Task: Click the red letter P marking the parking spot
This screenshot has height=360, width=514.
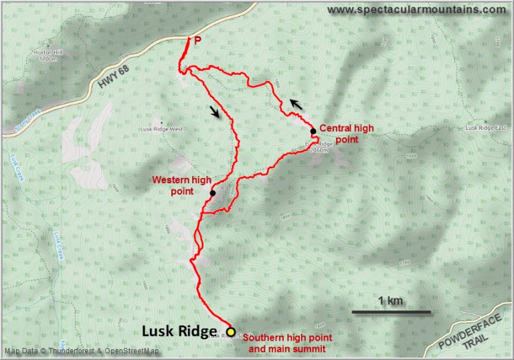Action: tap(197, 41)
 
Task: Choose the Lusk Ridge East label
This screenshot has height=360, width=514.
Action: tap(484, 128)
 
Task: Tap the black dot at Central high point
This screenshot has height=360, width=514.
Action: tap(313, 131)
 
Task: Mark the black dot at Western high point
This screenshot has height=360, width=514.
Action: tap(212, 193)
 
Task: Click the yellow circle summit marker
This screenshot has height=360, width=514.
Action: tap(230, 332)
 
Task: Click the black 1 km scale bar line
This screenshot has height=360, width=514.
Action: tap(391, 312)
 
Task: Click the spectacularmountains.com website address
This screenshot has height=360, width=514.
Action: tap(417, 9)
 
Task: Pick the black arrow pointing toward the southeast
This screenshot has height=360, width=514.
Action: tap(214, 112)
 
